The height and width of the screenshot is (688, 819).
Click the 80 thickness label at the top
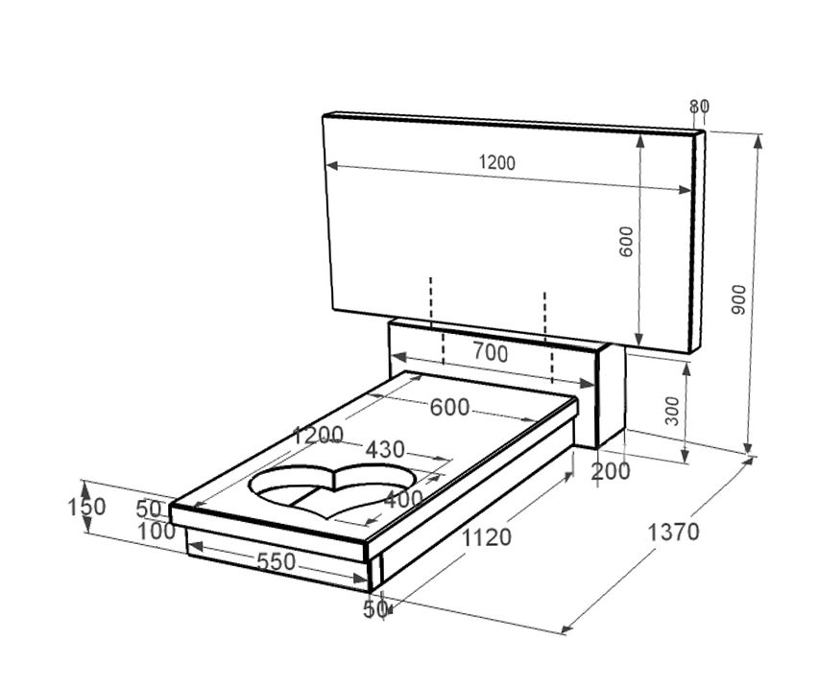point(699,106)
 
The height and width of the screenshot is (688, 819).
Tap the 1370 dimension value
point(673,532)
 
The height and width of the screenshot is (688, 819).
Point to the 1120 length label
point(487,538)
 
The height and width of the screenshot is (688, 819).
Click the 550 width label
point(276,562)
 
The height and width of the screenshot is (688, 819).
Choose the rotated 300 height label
point(671,411)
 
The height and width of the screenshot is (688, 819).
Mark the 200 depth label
point(611,471)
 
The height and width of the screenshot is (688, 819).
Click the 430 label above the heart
point(384,450)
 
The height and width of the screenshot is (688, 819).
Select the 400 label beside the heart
point(402,499)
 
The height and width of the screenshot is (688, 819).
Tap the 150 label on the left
point(86,506)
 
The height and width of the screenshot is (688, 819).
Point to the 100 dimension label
point(157,531)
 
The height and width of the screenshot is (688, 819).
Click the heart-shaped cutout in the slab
point(331,485)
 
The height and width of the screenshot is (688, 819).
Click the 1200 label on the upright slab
point(496,163)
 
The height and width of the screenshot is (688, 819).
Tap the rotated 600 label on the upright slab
point(626,241)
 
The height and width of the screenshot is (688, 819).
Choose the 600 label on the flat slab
point(449,408)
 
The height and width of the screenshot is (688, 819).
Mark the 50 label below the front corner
point(374,608)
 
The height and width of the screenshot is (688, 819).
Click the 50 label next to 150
point(149,509)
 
